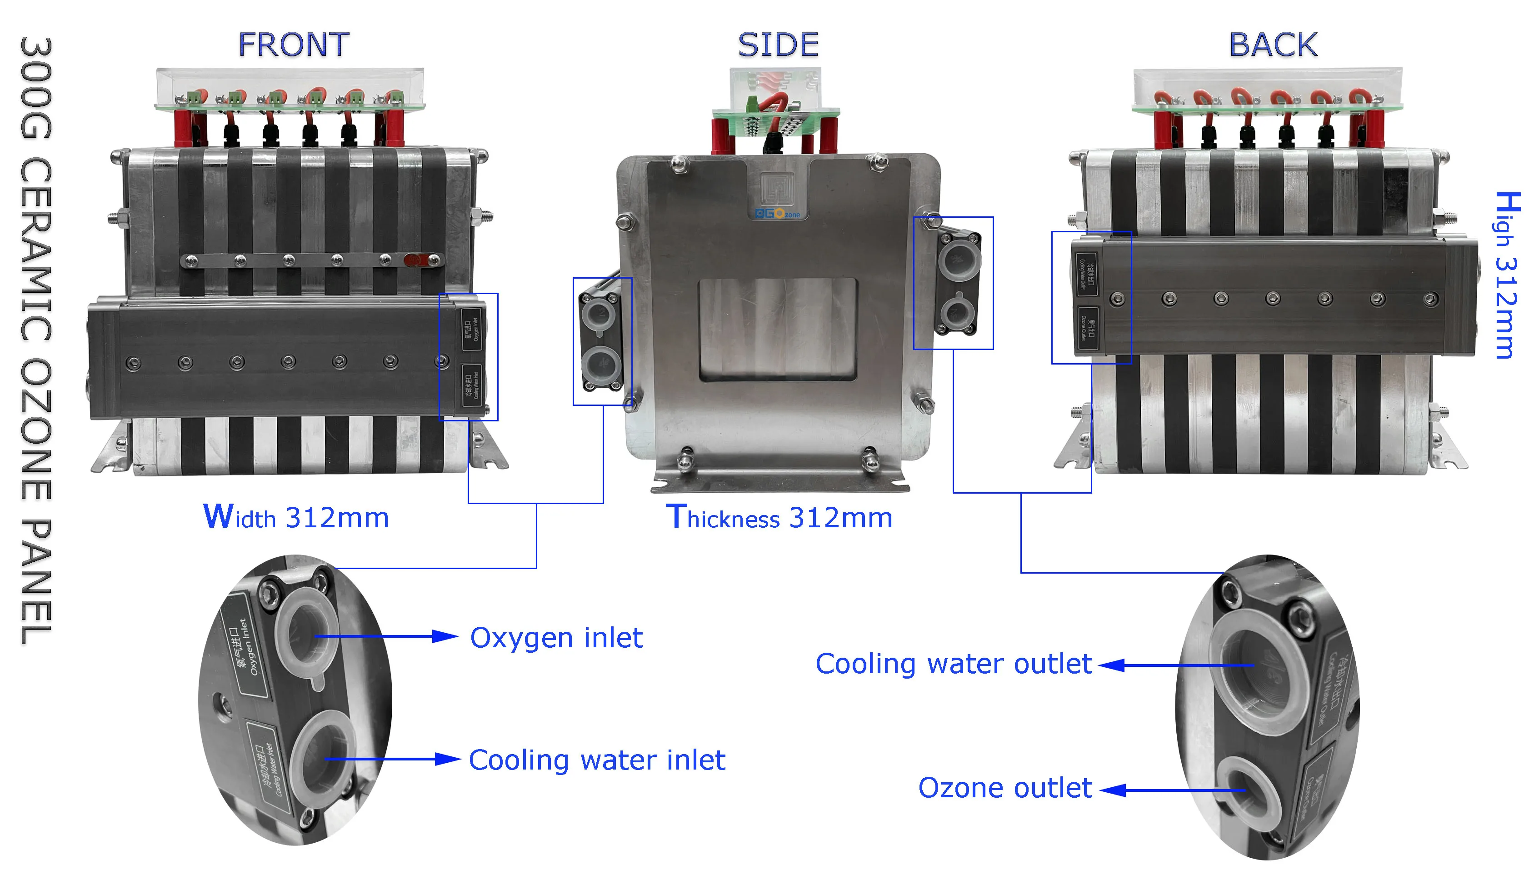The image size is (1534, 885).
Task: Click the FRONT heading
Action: point(294,45)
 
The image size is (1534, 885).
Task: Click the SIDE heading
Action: point(778,45)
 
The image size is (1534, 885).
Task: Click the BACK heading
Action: point(1273,45)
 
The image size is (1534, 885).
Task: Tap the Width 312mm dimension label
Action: point(296,517)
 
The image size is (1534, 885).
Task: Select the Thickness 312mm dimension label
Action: point(779,517)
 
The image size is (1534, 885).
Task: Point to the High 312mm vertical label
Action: point(1507,275)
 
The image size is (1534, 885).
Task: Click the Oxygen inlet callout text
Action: point(556,638)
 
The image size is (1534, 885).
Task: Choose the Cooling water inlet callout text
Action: point(597,760)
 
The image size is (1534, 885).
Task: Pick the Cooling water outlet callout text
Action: point(954,664)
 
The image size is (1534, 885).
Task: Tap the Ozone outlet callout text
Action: point(1004,788)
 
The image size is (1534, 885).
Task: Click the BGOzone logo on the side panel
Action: point(777,214)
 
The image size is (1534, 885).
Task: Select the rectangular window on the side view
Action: point(778,330)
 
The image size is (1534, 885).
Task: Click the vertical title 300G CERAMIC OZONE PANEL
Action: point(36,340)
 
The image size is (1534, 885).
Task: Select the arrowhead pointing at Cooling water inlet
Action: point(449,759)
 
